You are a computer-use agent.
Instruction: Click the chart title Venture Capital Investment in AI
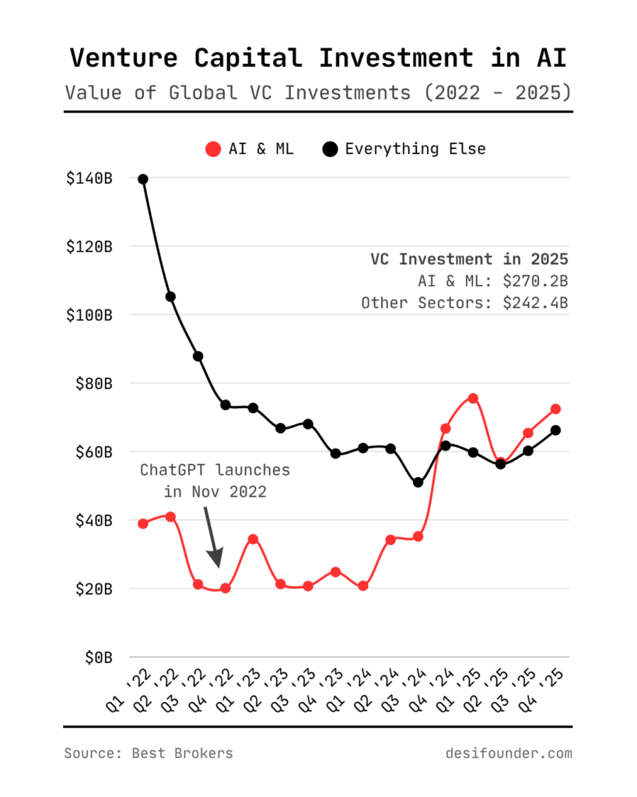coord(318,58)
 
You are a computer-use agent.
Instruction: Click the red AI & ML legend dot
coord(212,149)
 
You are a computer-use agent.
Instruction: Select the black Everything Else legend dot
coord(330,149)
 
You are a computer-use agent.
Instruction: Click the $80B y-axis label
coord(93,383)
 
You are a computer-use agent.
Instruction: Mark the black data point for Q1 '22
coord(143,179)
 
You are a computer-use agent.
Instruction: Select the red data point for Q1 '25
coord(473,398)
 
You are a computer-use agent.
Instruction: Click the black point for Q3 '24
coord(418,483)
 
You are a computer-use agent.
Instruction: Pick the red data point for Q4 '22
coord(226,588)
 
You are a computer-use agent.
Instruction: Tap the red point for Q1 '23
coord(253,539)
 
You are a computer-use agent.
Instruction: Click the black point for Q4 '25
coord(556,430)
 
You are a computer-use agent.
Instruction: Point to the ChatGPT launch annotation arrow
coord(212,537)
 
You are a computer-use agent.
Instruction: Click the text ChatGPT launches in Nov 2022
coord(215,481)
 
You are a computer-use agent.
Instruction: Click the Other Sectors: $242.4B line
coord(464,302)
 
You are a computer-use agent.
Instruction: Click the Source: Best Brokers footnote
coord(148,753)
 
